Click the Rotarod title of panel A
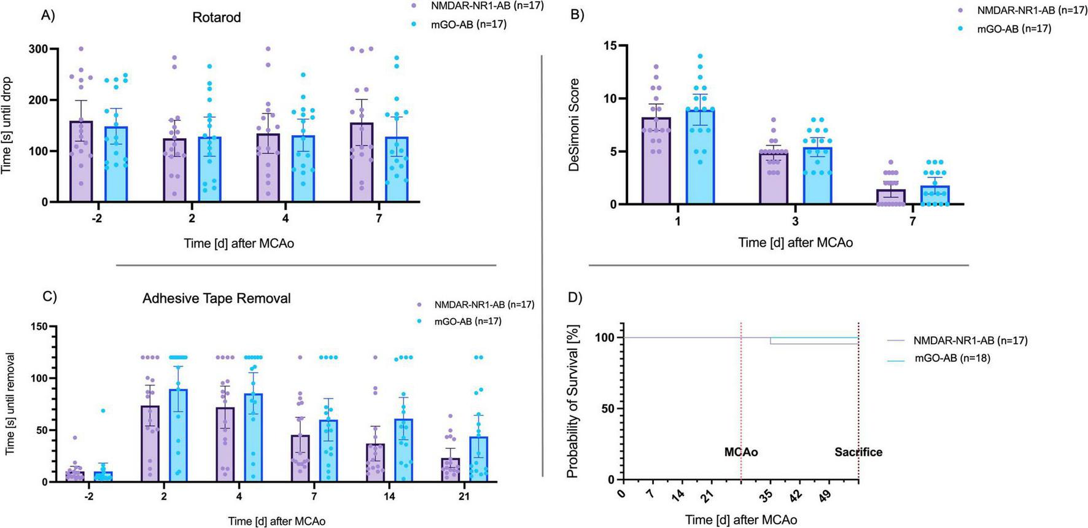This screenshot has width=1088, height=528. click(x=216, y=17)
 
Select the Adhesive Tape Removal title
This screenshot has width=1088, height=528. click(x=216, y=298)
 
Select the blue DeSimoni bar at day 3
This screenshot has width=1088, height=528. click(x=817, y=176)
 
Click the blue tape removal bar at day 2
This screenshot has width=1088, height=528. click(x=179, y=436)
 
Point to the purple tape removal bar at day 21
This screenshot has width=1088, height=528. click(x=449, y=470)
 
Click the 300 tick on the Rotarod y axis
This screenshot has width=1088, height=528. click(x=40, y=49)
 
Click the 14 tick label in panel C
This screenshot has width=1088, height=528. click(x=389, y=496)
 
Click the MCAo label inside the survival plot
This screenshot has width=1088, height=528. click(x=740, y=452)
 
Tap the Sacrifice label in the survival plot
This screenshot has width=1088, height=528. click(x=858, y=452)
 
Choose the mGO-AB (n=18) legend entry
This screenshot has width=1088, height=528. click(x=952, y=359)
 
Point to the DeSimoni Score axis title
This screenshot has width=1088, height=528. click(x=575, y=125)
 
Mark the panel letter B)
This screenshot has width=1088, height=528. click(x=578, y=15)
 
